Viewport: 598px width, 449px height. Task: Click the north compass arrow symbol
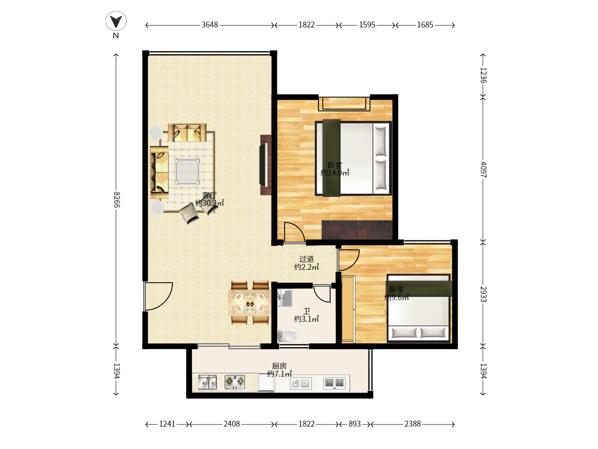point(116,21)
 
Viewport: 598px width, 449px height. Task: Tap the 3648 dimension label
point(209,25)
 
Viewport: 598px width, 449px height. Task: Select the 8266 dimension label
point(117,200)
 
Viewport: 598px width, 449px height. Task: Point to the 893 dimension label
point(354,424)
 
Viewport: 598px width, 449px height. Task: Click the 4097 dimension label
point(483,170)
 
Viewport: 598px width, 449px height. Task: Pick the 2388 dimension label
point(412,424)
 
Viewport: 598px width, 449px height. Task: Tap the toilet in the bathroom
point(287,336)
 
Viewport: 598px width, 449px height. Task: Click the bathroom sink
point(285,298)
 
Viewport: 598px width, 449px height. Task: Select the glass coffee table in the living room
point(187,172)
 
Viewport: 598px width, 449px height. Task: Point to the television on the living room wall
point(263,165)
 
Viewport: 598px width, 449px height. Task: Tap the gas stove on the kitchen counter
point(235,382)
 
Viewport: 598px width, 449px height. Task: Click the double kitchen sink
point(207,382)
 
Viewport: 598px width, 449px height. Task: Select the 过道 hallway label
point(306,259)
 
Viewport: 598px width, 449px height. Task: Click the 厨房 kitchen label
point(279,366)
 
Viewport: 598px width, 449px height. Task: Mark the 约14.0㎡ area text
point(335,173)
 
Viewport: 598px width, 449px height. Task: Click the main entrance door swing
point(159,296)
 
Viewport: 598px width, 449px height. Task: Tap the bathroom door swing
point(322,294)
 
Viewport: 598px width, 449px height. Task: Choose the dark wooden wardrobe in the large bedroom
point(357,230)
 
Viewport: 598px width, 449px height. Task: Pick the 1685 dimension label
point(425,25)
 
